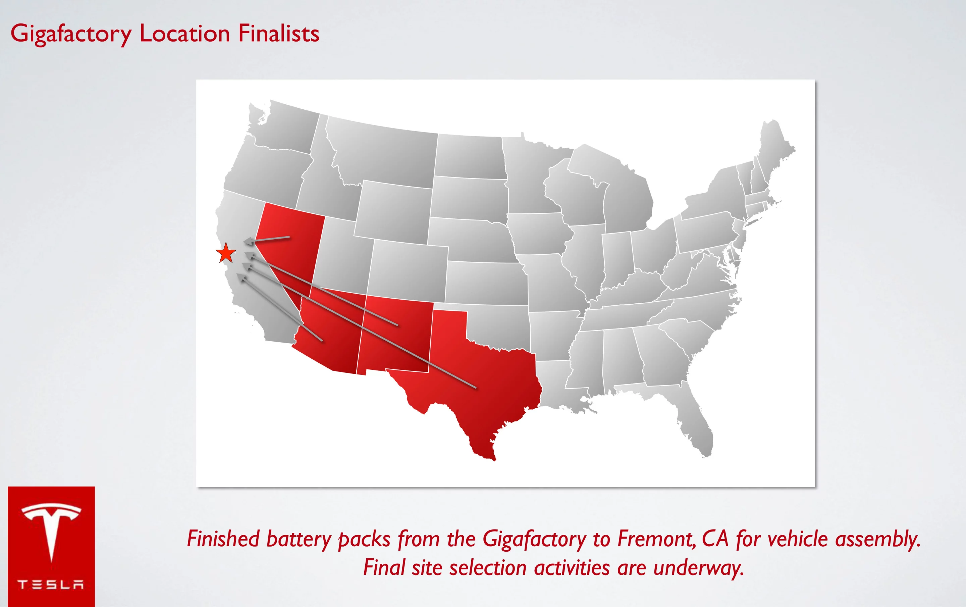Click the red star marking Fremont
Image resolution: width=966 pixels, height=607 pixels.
226,253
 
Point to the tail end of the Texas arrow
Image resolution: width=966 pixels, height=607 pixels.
475,388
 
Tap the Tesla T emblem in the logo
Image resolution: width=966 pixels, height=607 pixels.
51,529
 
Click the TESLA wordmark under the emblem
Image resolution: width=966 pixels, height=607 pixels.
51,584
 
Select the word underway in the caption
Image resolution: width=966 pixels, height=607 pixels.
698,568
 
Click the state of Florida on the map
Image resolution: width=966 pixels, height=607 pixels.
696,429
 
